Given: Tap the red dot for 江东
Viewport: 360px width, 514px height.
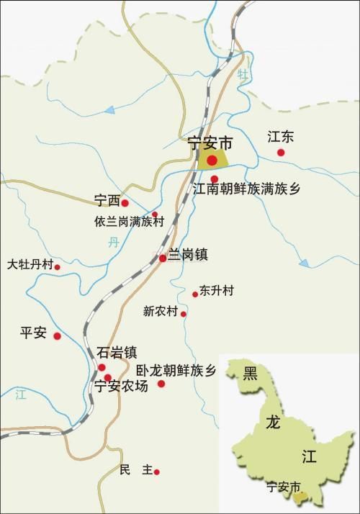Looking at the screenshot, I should (x=281, y=152).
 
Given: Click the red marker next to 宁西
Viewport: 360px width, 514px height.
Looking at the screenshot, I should (x=125, y=204).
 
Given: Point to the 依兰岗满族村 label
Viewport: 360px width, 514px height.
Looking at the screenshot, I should (x=129, y=222).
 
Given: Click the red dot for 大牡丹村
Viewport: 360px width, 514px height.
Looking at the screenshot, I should (x=58, y=267).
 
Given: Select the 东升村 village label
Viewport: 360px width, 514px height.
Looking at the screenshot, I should (x=217, y=291).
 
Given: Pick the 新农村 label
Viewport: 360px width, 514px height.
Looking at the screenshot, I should (x=160, y=312).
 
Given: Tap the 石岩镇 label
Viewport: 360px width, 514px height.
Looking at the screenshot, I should (x=117, y=353).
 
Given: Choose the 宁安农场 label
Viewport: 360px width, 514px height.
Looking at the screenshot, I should (x=122, y=387).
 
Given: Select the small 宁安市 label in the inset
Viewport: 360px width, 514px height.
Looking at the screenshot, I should (x=282, y=487).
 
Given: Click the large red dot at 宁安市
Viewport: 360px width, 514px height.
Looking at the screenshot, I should (x=212, y=161).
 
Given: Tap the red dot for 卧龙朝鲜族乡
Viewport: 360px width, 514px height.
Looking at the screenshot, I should (x=161, y=384).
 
